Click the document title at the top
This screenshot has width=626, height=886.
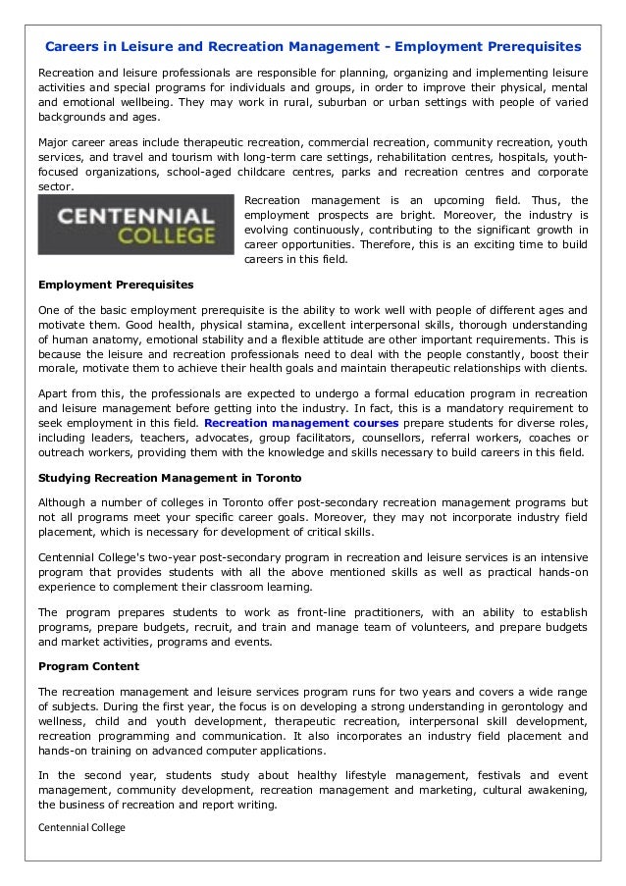[313, 46]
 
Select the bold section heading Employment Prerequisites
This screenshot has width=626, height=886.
[116, 285]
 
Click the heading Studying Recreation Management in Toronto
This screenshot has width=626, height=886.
[170, 477]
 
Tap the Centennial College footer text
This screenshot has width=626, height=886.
[81, 827]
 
